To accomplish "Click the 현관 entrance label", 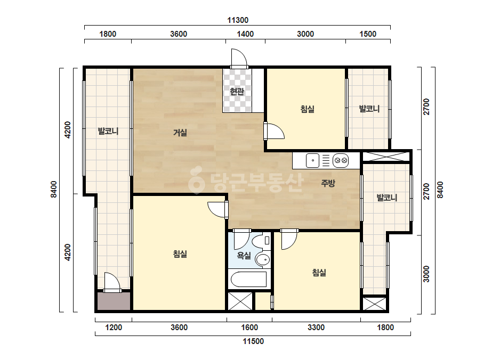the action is pyautogui.click(x=237, y=92).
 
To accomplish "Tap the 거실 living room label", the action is pyautogui.click(x=180, y=133).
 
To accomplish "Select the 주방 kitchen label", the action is pyautogui.click(x=328, y=183).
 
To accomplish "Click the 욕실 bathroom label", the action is pyautogui.click(x=244, y=256).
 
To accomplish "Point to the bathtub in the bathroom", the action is pyautogui.click(x=249, y=279).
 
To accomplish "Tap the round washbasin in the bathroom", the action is pyautogui.click(x=263, y=260).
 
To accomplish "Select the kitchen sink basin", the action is pyautogui.click(x=312, y=160).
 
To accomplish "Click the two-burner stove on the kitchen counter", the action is pyautogui.click(x=341, y=160).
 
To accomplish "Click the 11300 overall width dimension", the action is pyautogui.click(x=238, y=20).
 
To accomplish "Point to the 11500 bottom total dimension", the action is pyautogui.click(x=253, y=341).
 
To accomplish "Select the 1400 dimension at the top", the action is pyautogui.click(x=245, y=34).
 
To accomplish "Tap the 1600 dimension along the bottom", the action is pyautogui.click(x=249, y=328).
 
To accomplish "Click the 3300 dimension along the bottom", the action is pyautogui.click(x=316, y=328).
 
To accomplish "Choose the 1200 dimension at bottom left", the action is pyautogui.click(x=114, y=328).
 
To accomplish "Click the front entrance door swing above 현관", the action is pyautogui.click(x=239, y=58).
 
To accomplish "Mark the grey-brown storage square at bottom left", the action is pyautogui.click(x=114, y=301).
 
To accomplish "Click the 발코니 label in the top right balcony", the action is pyautogui.click(x=369, y=109).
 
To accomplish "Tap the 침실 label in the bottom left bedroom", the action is pyautogui.click(x=180, y=253).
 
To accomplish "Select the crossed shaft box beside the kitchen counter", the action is pyautogui.click(x=386, y=157).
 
